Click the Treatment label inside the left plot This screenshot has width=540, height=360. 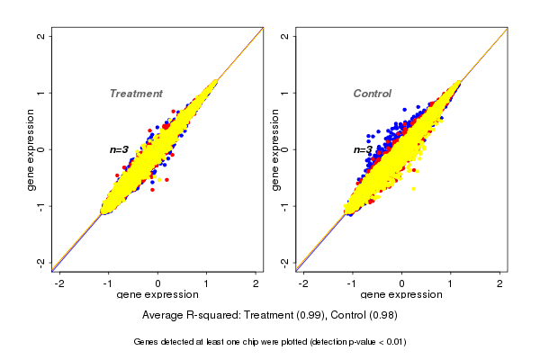point(136,94)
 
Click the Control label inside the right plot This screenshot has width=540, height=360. point(372,94)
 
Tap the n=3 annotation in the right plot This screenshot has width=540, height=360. point(363,149)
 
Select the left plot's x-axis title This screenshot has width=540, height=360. point(157,295)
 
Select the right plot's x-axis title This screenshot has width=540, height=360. point(401,295)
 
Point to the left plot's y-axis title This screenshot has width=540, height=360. point(31,149)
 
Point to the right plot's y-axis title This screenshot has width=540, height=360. point(276,149)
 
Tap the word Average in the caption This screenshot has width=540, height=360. point(163,316)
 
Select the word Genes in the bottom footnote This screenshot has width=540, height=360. point(147,342)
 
